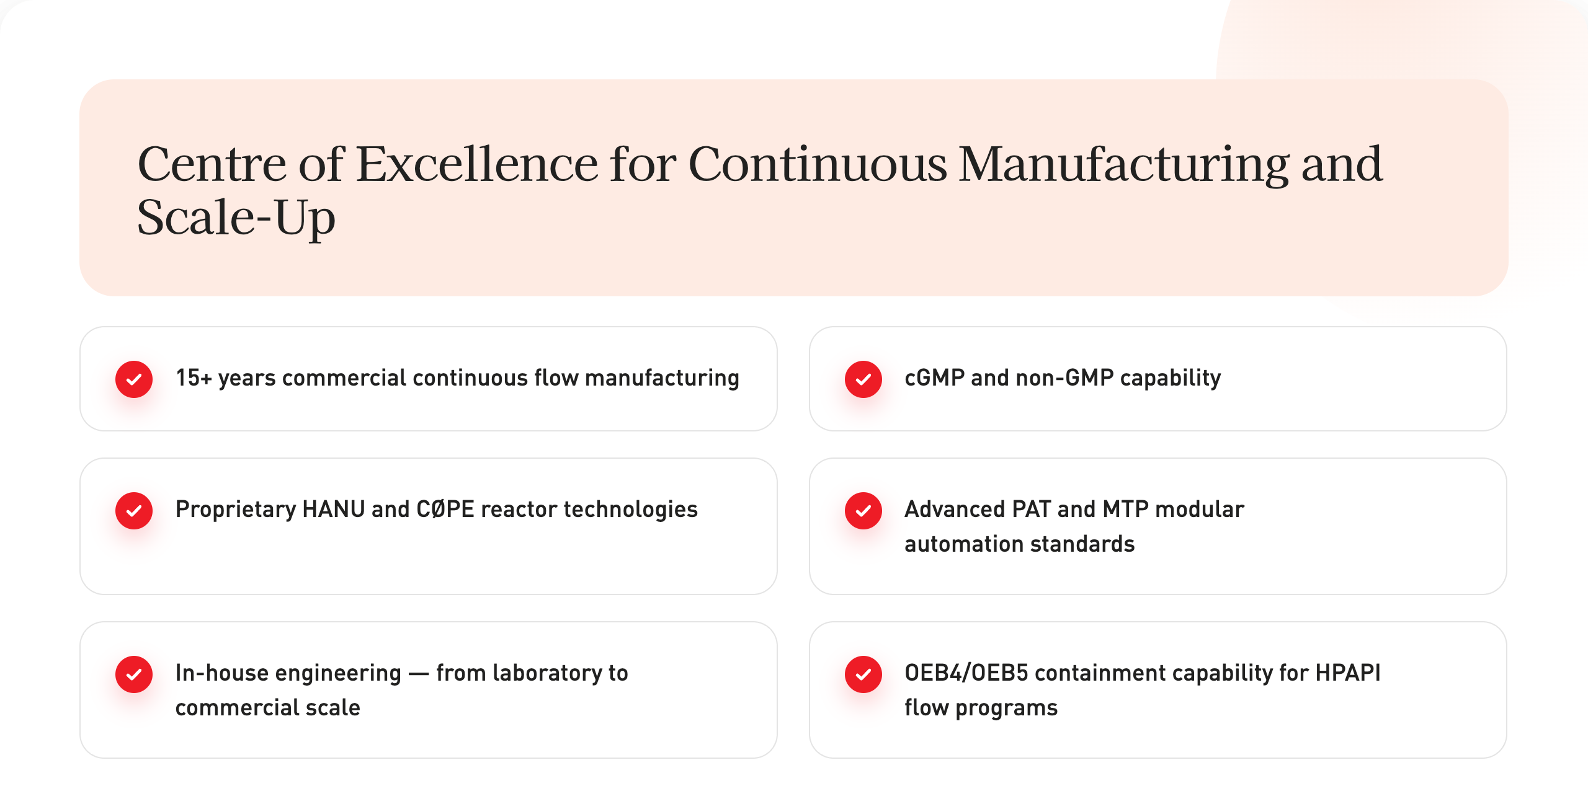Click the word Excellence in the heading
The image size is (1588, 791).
coord(477,164)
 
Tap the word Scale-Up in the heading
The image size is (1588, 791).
coord(236,218)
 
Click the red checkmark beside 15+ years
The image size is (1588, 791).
coord(134,379)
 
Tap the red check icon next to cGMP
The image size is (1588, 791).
coord(863,379)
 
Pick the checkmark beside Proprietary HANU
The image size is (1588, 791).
coord(134,510)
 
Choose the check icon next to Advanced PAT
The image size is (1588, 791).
coord(863,510)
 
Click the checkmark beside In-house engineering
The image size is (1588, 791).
coord(134,674)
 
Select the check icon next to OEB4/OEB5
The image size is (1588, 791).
coord(863,674)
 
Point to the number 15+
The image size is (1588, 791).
coord(194,378)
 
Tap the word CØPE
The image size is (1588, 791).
coord(445,509)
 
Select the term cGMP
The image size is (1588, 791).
coord(935,378)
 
